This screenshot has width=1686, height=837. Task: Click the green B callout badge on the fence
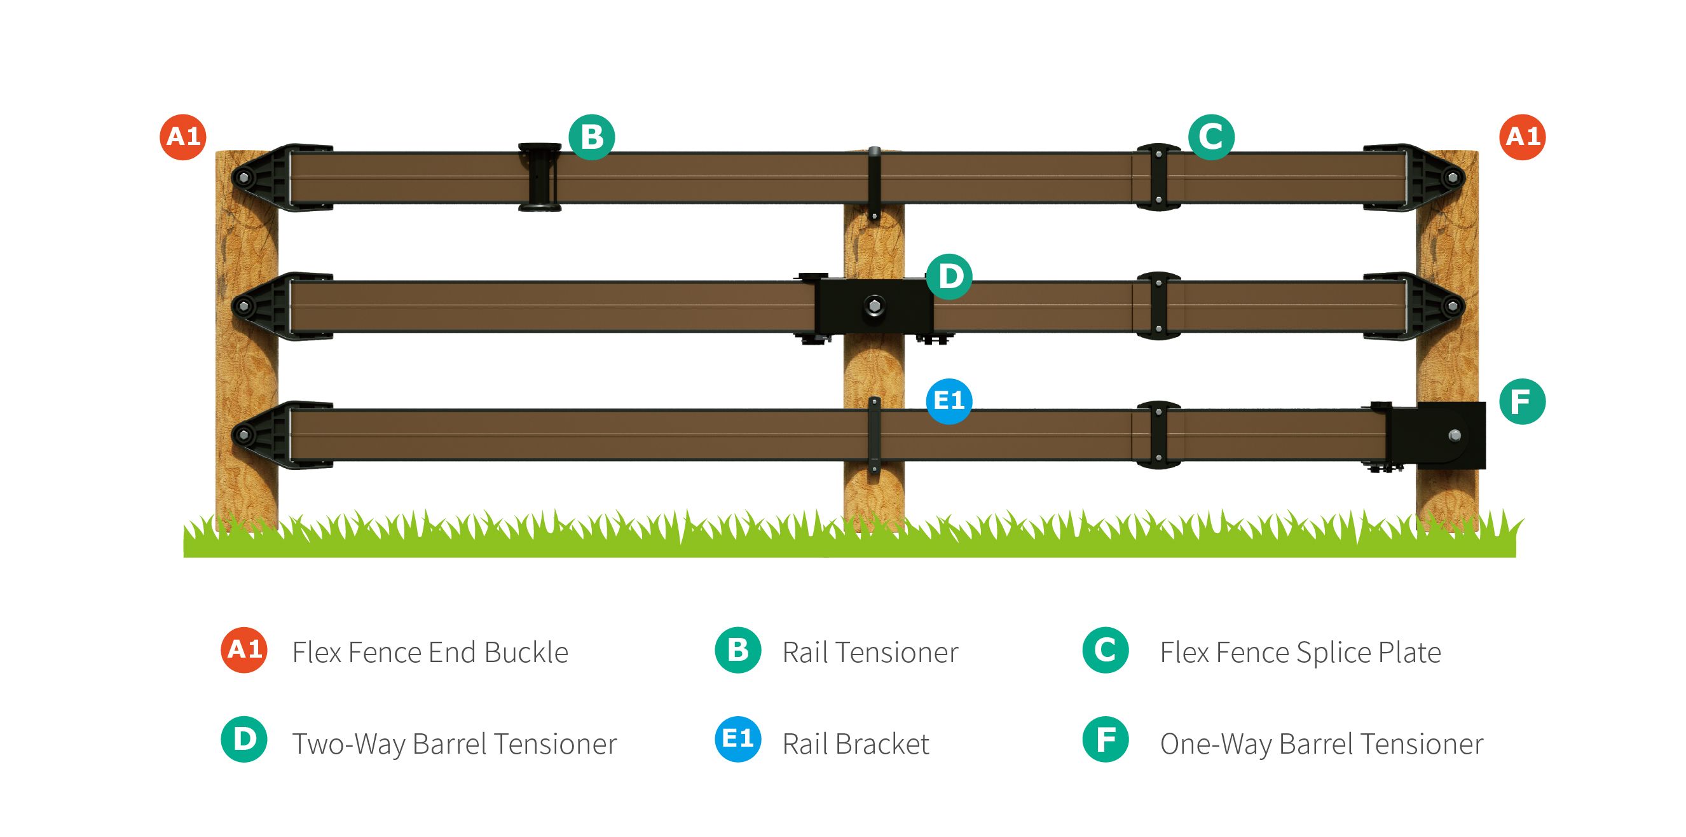[x=592, y=137]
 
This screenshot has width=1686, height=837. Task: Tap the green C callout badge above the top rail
[x=1211, y=137]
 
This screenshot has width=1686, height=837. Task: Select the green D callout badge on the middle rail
[x=949, y=277]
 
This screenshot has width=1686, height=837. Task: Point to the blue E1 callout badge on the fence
[x=949, y=401]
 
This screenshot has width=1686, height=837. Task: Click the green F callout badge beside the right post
[x=1523, y=401]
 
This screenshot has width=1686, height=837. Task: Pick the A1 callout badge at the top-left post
[x=183, y=137]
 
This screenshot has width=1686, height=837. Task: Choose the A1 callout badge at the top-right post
[x=1523, y=137]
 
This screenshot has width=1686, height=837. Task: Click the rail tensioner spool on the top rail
[x=540, y=177]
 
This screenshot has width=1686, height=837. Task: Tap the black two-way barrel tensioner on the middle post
[x=874, y=306]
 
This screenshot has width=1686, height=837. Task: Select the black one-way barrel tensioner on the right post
[x=1437, y=435]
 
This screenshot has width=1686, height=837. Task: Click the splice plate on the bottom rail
[x=1158, y=435]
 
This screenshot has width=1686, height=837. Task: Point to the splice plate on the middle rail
[x=1158, y=306]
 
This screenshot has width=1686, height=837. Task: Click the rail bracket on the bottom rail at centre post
[x=874, y=435]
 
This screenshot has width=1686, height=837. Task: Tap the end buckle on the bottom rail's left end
[x=268, y=435]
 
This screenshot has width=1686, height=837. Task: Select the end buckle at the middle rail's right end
[x=1427, y=306]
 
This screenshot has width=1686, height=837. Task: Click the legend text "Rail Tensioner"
[x=870, y=653]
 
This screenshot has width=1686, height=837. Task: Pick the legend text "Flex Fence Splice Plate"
[x=1300, y=653]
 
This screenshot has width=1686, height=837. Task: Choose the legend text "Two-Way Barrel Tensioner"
[x=454, y=744]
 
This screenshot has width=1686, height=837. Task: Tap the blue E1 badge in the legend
[x=737, y=740]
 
